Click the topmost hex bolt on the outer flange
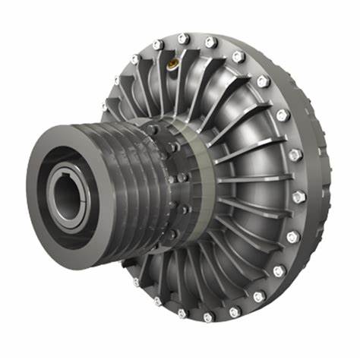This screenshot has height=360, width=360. pos(182,39)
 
